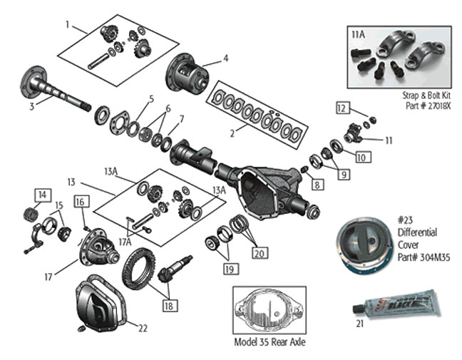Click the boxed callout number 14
(x=41, y=195)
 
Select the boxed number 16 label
(x=81, y=202)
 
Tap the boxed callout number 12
(x=342, y=108)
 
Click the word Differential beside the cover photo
(x=417, y=232)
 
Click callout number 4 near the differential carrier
(x=225, y=58)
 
